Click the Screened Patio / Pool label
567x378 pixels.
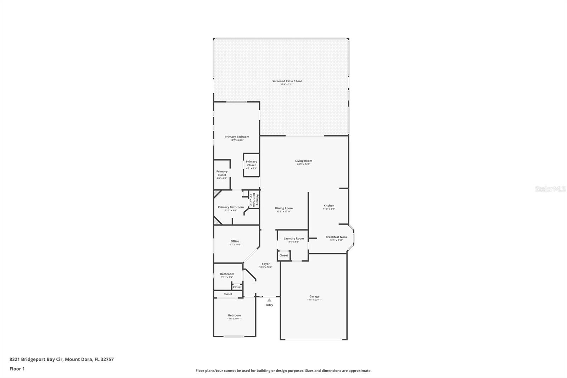click(287, 81)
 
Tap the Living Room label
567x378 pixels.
click(303, 161)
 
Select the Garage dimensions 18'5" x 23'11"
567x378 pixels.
click(314, 300)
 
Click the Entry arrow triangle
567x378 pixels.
click(269, 300)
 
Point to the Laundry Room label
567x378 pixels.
click(293, 239)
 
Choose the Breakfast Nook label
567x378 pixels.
click(336, 237)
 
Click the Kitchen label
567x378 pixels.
click(329, 206)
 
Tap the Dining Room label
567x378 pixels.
click(283, 209)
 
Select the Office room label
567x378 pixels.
click(235, 241)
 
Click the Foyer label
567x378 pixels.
click(265, 264)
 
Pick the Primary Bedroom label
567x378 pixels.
click(237, 137)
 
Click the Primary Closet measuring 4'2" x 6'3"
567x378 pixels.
click(251, 163)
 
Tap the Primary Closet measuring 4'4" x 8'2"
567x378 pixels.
click(222, 173)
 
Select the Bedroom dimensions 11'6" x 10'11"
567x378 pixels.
click(234, 319)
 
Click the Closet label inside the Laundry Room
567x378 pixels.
click(283, 255)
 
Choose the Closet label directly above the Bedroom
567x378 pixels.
click(228, 294)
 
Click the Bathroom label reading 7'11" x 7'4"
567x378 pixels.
click(227, 274)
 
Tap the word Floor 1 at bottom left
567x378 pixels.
click(17, 369)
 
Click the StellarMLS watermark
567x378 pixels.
click(550, 189)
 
